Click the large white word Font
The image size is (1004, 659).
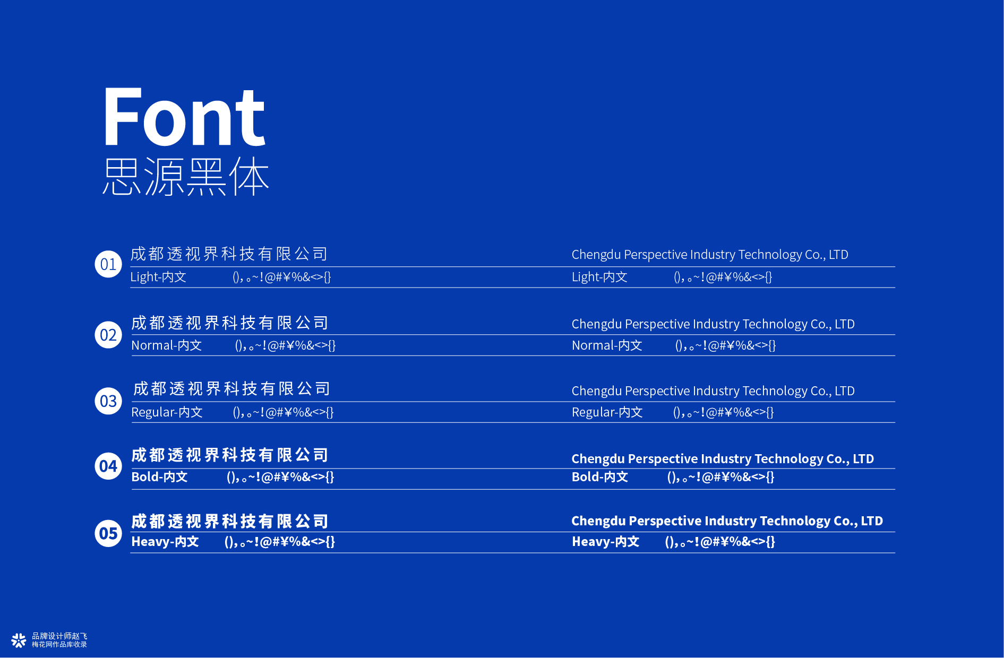click(x=184, y=117)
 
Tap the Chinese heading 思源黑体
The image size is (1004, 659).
click(x=186, y=176)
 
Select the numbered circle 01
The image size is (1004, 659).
click(x=108, y=264)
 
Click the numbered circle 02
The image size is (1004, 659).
click(x=108, y=335)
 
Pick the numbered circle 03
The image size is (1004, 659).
click(x=108, y=401)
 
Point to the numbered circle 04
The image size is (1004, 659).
click(x=108, y=466)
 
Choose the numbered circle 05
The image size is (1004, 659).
click(x=108, y=533)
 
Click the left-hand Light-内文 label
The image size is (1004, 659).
click(x=158, y=277)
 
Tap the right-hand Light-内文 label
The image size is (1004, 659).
click(x=599, y=277)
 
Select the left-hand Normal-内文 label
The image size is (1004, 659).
click(x=166, y=345)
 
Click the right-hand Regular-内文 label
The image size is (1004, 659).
click(x=607, y=412)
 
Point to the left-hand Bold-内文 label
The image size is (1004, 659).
click(x=159, y=477)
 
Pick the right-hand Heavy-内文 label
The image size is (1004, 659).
click(x=605, y=542)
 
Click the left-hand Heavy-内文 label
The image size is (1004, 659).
click(x=165, y=542)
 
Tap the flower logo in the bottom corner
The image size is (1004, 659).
click(x=19, y=640)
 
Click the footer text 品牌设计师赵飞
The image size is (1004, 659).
click(x=59, y=636)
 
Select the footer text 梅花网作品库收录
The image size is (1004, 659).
click(x=59, y=645)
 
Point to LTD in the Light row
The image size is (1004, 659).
click(x=838, y=255)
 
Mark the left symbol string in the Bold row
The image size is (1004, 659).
click(x=280, y=477)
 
